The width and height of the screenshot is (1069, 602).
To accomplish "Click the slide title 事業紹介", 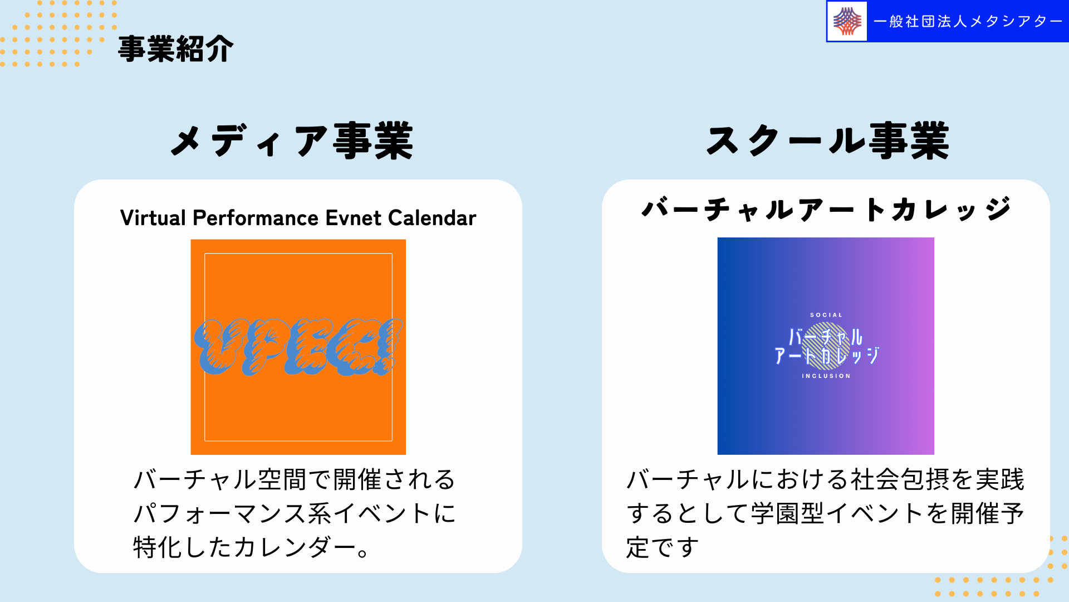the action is click(175, 49).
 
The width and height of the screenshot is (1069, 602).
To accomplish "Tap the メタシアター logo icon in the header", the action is click(847, 21).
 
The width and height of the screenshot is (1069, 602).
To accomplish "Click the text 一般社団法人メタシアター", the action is click(968, 21).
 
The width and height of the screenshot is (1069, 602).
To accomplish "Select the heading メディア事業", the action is click(292, 141).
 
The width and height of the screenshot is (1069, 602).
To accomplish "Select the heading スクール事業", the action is click(828, 141).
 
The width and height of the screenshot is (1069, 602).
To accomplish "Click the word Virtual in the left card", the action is click(153, 218).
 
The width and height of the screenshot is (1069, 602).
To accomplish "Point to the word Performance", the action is click(256, 218).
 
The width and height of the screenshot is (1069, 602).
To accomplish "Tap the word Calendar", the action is click(432, 218).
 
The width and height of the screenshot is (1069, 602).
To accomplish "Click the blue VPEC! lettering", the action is click(298, 347).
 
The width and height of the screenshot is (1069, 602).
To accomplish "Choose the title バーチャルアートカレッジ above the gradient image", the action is click(826, 210).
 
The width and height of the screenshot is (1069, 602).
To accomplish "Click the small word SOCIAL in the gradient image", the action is click(826, 315).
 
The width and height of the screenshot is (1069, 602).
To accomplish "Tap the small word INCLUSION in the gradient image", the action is click(826, 376).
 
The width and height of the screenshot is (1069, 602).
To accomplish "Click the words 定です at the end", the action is click(663, 547).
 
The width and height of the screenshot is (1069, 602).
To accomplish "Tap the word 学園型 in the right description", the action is click(787, 513).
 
